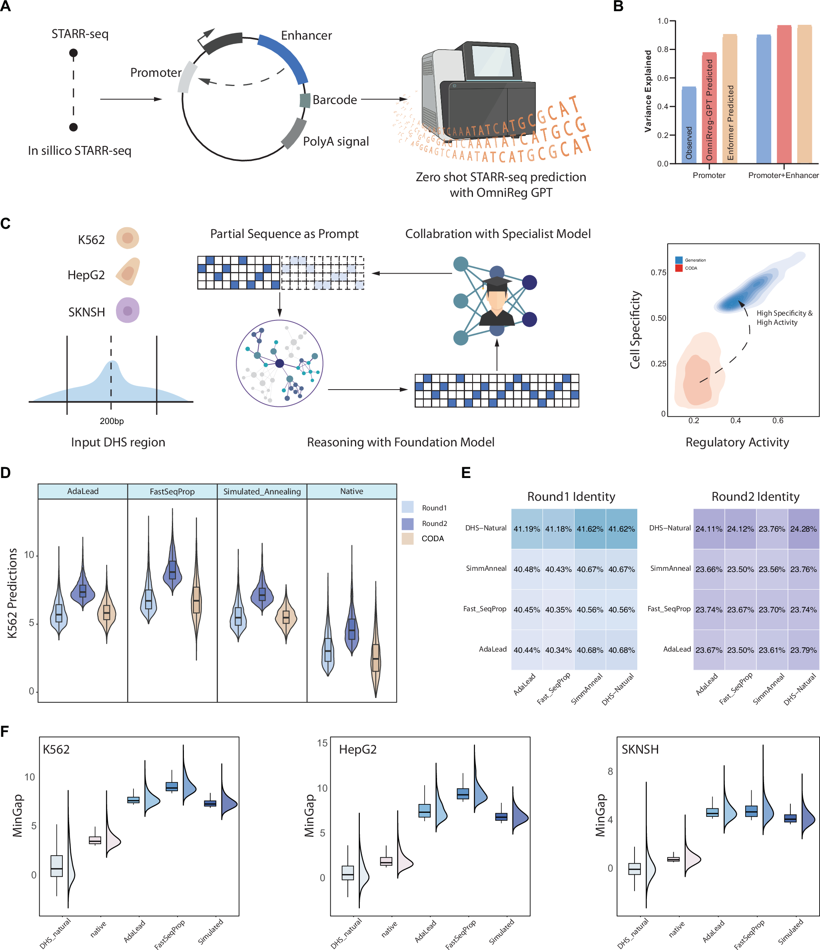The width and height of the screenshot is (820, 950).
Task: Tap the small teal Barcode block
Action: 305,100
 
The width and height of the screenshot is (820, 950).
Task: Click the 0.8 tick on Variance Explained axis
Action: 663,50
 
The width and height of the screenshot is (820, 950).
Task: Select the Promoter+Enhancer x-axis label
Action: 783,175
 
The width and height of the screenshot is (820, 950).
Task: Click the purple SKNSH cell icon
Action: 128,310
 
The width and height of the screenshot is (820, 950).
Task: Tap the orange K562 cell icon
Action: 128,238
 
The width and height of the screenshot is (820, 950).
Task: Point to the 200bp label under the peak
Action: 112,421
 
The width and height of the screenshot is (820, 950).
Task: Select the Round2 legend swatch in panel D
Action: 407,523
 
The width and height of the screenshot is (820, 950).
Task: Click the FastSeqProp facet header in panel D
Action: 172,492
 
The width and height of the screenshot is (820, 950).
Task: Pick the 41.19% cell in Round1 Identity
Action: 527,529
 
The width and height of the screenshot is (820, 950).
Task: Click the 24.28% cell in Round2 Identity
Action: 803,529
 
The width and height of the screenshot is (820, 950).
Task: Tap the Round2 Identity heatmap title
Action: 755,496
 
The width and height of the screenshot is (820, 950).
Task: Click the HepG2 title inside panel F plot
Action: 357,750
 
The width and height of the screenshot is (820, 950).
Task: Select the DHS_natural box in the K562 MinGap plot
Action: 56,866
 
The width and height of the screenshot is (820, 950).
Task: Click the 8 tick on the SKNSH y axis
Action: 610,772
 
